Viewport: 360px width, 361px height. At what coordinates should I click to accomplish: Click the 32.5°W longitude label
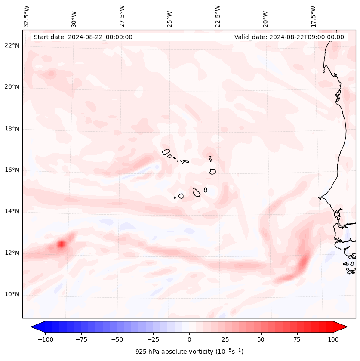pos(27,16)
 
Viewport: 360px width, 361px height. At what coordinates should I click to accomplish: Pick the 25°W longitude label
pos(170,16)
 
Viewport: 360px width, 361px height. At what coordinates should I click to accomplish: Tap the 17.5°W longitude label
pos(313,16)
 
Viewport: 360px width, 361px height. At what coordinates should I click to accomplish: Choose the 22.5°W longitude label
pos(218,16)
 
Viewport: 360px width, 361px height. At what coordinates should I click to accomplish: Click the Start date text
pos(83,37)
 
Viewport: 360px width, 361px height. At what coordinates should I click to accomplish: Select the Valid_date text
pos(289,37)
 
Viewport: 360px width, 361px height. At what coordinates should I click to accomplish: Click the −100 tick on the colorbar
pos(45,339)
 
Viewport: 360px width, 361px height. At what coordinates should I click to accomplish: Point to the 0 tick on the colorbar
pos(189,339)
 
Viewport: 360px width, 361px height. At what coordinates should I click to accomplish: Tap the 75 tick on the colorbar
pos(297,339)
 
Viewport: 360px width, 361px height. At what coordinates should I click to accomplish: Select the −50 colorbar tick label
pos(117,339)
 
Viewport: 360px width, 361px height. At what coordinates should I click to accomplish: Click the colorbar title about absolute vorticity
pos(189,352)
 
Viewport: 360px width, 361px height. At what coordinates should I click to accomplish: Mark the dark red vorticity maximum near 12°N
pos(61,244)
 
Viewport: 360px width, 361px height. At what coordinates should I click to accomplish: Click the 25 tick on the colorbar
pos(225,339)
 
